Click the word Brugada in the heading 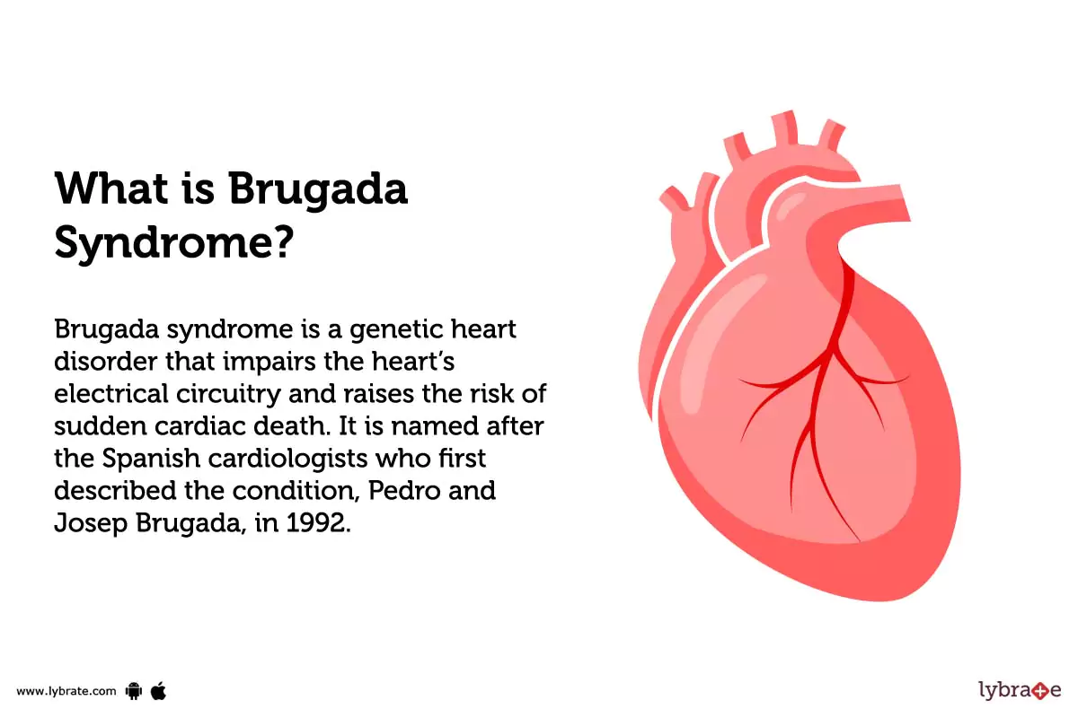318,190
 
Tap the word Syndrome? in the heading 175,241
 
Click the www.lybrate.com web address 66,691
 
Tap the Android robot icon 135,690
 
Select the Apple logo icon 159,689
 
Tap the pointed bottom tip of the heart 876,596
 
